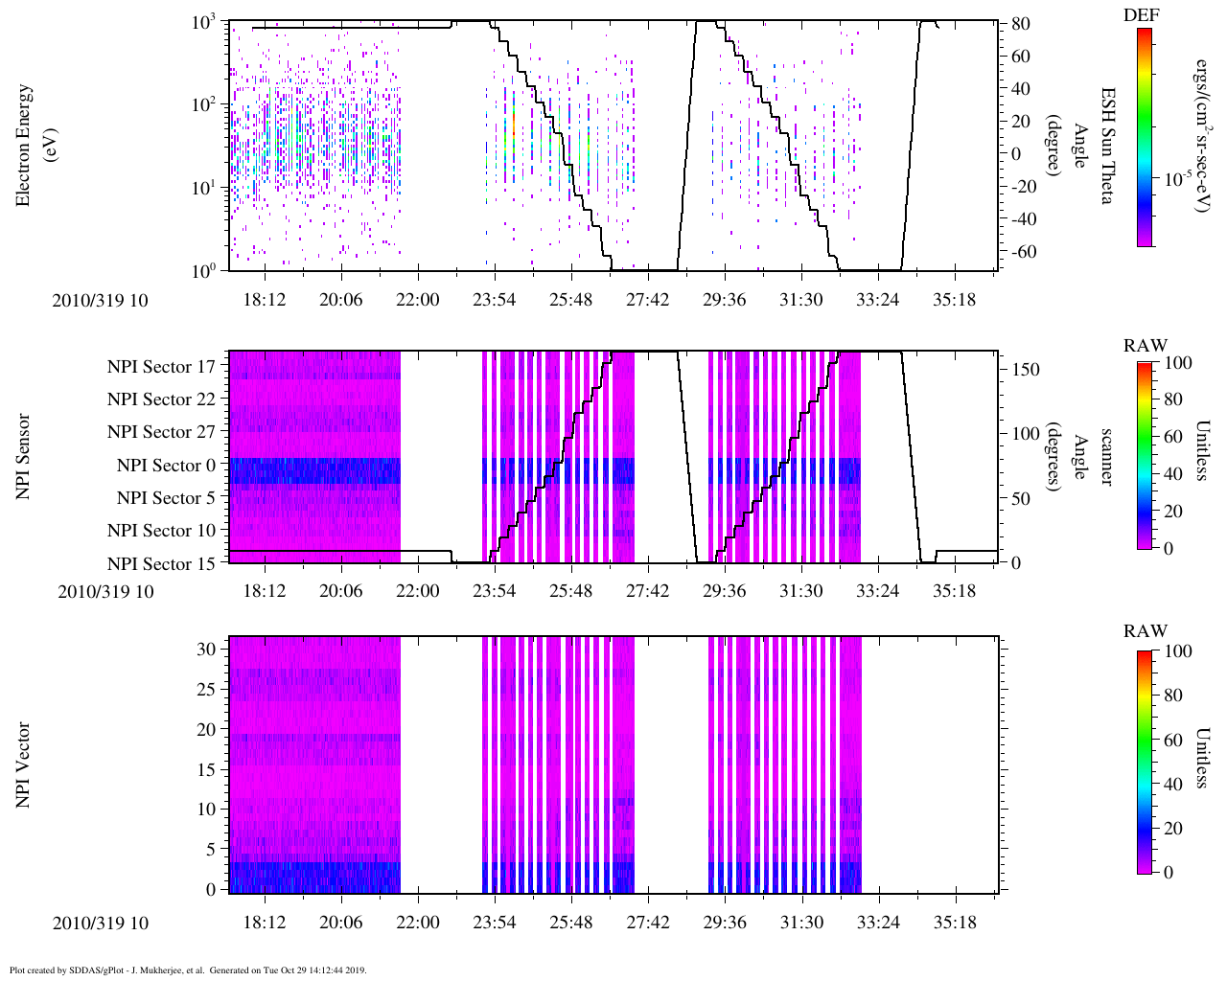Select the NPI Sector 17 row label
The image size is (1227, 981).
coord(161,367)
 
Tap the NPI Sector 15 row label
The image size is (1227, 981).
coord(161,564)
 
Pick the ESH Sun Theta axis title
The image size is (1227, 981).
coord(1106,145)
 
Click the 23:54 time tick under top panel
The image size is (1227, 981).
coord(494,300)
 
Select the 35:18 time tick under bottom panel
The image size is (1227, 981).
coord(954,923)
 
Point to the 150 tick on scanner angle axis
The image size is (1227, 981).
coord(1026,370)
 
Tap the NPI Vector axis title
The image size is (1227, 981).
coord(23,764)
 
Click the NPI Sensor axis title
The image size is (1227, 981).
coord(23,456)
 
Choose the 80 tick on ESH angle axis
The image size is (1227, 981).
coord(1020,24)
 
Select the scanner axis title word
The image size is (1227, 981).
coord(1106,456)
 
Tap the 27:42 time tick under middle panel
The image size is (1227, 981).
coord(647,591)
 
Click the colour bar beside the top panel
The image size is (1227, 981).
coord(1145,137)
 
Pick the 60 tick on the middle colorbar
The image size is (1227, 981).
coord(1172,437)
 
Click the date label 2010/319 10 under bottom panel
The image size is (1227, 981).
coord(101,923)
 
